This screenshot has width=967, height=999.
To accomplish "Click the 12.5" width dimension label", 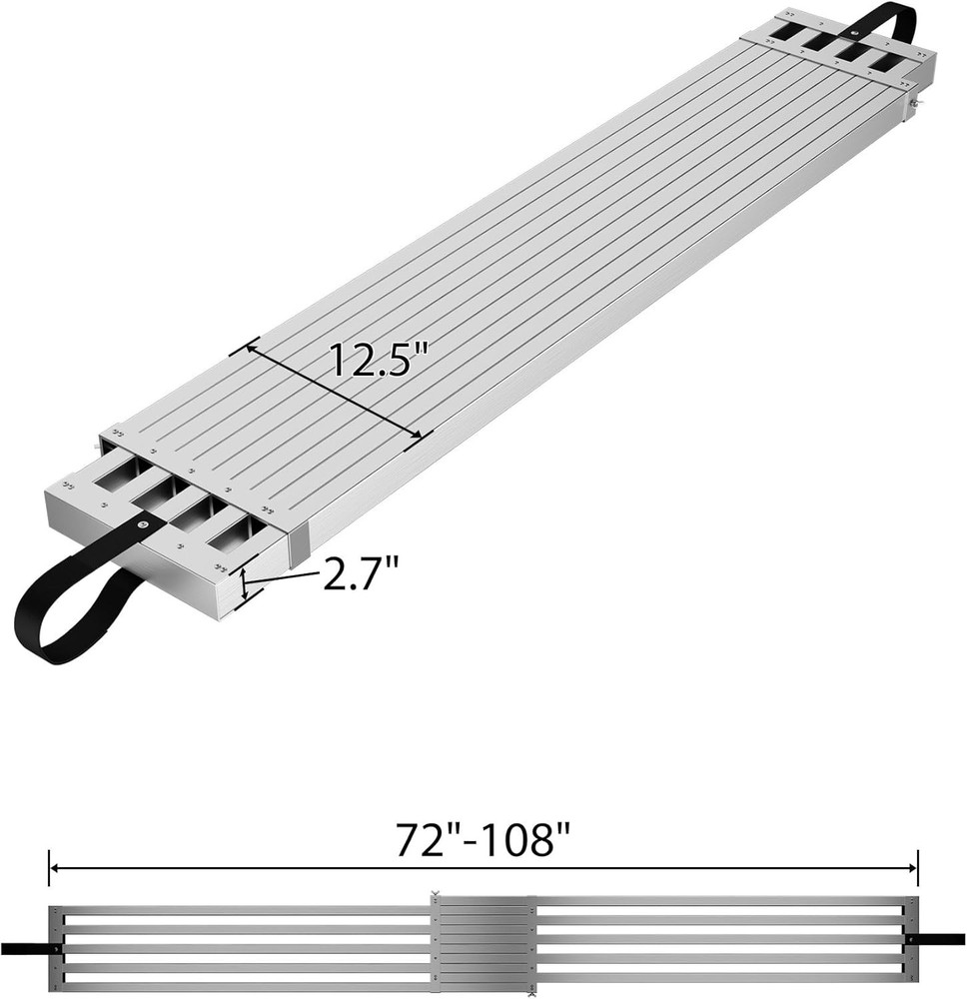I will coord(380,357).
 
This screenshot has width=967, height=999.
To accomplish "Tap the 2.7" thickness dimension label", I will coord(361,575).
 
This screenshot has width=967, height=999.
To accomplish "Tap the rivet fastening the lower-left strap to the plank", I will coord(143,525).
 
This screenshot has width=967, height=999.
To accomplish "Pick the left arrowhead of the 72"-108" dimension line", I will coord(56,869).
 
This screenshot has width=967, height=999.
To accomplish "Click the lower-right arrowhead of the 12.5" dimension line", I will coord(426,434).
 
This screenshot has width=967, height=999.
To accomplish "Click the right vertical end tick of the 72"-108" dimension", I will coord(918,868).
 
